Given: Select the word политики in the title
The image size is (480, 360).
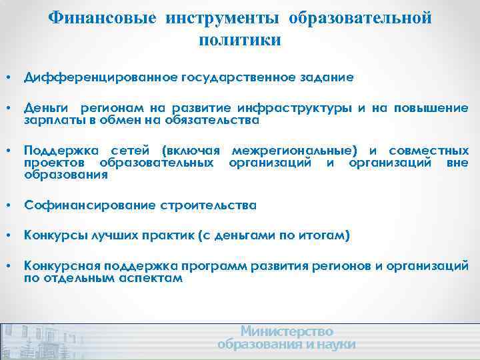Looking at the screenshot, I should pyautogui.click(x=239, y=40).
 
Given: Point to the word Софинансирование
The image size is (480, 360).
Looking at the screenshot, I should pyautogui.click(x=89, y=205).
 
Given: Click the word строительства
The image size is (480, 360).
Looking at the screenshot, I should pyautogui.click(x=208, y=205).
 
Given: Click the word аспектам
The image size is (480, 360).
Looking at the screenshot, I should pyautogui.click(x=150, y=278).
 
